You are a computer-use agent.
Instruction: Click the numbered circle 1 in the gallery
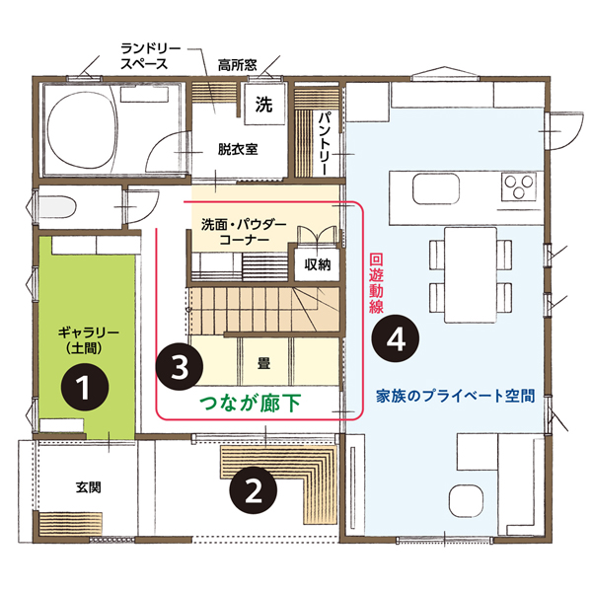point(85,387)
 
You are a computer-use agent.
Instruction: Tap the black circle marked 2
point(254,489)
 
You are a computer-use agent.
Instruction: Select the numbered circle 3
point(180,366)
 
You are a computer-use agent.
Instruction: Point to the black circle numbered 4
point(396,338)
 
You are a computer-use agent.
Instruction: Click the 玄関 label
point(89,487)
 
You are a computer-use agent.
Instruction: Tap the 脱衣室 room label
point(238,149)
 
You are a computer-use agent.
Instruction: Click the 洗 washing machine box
point(263,105)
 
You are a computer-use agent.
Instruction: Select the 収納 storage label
point(318,264)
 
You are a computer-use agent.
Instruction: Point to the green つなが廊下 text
point(251,404)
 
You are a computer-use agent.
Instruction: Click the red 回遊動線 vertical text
point(376,283)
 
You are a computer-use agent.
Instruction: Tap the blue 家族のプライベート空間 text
point(455,396)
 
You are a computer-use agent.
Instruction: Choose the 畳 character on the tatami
point(263,363)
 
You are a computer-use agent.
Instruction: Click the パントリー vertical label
point(324,143)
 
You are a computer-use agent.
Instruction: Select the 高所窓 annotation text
point(238,65)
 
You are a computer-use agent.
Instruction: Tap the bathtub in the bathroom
point(81,129)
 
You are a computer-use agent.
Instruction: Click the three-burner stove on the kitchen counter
point(518,186)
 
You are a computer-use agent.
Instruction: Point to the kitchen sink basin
point(436,188)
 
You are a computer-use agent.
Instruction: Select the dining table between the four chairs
point(470,275)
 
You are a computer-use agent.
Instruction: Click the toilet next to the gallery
point(57,206)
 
